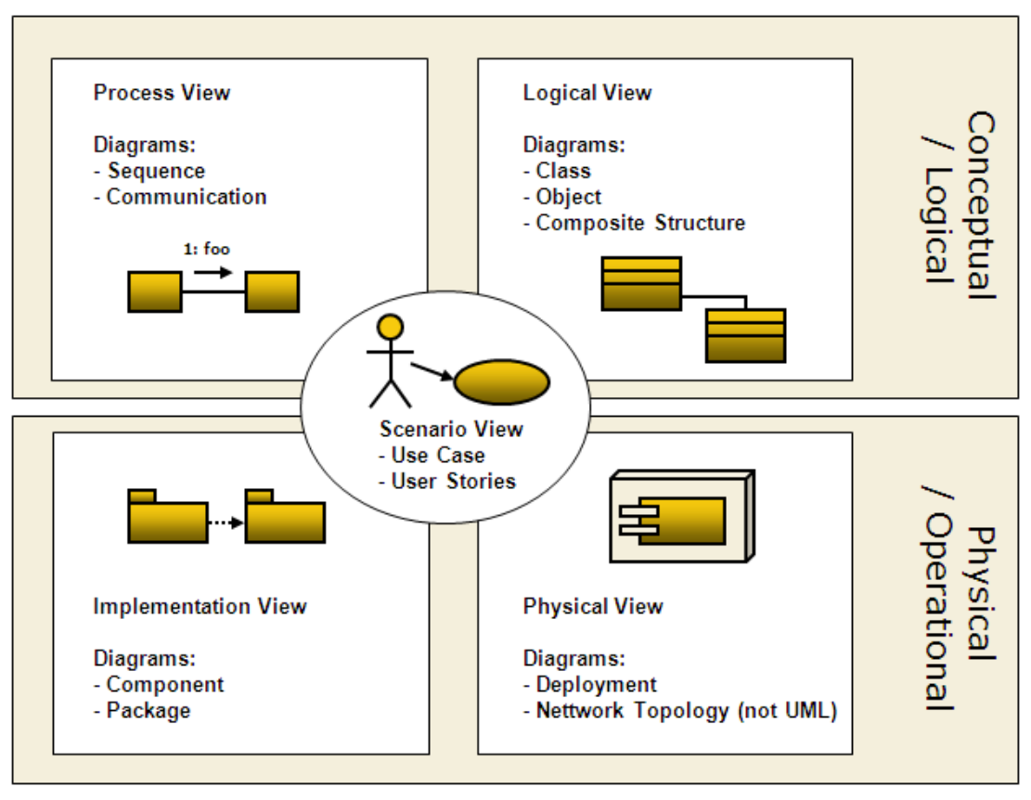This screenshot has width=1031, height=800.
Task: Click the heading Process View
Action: (161, 93)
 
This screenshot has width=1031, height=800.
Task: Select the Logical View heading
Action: (587, 93)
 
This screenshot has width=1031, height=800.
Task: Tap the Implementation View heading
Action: (200, 607)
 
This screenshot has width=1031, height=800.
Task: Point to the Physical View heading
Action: (593, 607)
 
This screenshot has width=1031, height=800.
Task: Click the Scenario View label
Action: (451, 429)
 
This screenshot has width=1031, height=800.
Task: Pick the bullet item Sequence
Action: (156, 171)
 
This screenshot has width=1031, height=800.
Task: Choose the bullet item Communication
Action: (186, 197)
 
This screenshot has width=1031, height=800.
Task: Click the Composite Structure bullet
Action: (639, 223)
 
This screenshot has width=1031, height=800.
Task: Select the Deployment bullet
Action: (596, 685)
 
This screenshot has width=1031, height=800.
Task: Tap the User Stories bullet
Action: (453, 481)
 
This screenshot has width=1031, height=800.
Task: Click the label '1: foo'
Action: (205, 249)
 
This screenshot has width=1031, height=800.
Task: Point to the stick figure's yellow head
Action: (391, 327)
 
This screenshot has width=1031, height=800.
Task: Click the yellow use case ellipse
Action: (502, 381)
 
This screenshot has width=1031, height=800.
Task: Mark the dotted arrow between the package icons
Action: (226, 523)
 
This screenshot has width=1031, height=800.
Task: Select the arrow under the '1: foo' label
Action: (213, 272)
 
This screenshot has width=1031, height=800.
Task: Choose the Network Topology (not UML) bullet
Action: (686, 711)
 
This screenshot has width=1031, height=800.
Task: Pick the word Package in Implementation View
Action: (148, 711)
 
